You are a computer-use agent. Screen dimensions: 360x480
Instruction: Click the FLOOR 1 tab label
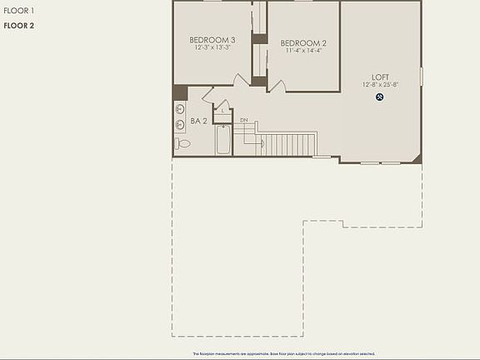17,11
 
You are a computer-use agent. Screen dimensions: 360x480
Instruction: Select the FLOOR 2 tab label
18,26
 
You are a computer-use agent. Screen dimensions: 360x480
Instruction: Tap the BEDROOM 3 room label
212,40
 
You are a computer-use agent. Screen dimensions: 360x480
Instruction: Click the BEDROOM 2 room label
303,43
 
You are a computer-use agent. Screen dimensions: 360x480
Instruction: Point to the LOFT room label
380,77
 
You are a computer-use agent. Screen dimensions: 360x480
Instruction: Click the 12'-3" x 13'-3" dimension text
212,47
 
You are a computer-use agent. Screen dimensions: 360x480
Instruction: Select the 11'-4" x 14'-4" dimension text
303,51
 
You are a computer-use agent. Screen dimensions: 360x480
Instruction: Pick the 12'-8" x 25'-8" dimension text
380,85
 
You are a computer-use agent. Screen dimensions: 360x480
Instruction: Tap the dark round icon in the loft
379,97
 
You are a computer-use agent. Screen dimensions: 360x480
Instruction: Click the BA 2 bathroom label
198,122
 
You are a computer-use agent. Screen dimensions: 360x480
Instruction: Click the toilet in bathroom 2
183,144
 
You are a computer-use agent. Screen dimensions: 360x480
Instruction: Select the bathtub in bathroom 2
223,140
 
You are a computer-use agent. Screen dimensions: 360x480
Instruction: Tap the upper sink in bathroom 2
180,109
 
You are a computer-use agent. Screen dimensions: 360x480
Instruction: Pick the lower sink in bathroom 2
180,126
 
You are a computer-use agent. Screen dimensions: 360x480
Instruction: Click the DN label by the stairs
244,121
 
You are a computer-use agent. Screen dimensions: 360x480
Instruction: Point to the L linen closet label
223,110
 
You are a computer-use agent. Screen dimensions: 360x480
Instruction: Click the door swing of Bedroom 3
240,81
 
